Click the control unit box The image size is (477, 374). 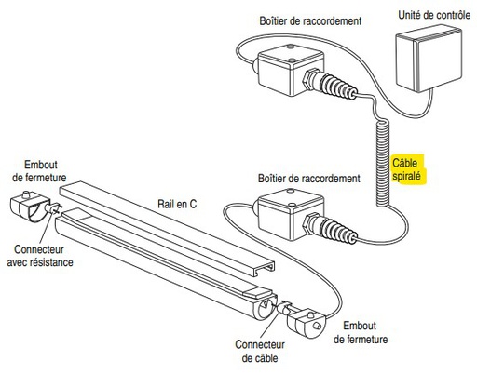pos(429,60)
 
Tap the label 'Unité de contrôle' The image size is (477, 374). pos(434,15)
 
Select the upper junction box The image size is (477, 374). pos(291,70)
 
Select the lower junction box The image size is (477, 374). pos(291,214)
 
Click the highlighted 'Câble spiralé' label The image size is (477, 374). pos(407,169)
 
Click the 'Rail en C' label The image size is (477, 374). pos(177,204)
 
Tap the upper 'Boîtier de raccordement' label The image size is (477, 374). pos(310,21)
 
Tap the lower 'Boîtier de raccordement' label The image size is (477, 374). pos(309,179)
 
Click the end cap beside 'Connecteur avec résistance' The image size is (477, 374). pos(28,206)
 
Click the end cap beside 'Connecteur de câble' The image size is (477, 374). pos(307,324)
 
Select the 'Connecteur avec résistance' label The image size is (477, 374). pos(40,256)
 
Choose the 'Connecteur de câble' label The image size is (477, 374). pos(260,351)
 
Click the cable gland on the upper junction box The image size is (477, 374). pos(330,84)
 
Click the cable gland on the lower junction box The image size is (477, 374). pos(330,228)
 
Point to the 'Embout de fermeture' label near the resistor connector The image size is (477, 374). pos(39,171)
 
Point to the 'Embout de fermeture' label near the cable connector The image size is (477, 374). pos(361,332)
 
